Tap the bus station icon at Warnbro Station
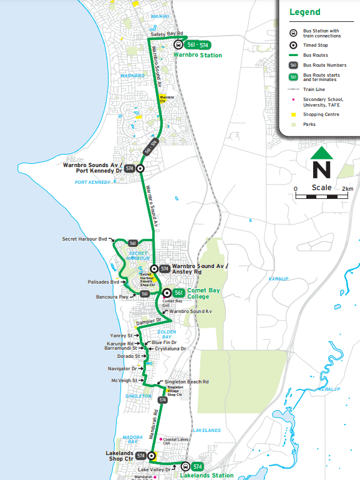point(178,44)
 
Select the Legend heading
point(304,12)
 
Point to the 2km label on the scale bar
point(347,188)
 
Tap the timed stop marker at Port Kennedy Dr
point(140,168)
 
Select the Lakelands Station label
point(206,475)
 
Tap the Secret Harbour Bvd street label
point(85,239)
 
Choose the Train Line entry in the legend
point(315,89)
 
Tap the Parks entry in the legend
point(309,124)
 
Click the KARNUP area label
point(277,279)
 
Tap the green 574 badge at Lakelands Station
point(198,466)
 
